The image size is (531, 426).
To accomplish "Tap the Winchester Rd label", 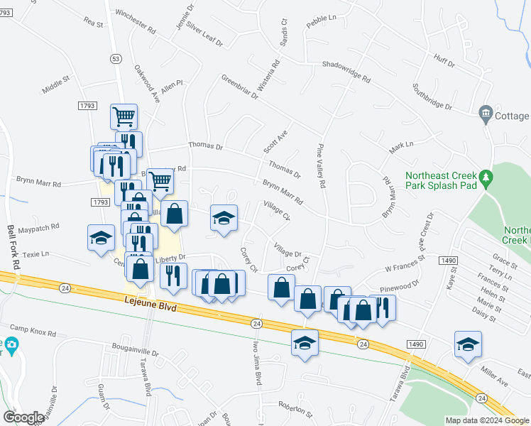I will [x=134, y=23].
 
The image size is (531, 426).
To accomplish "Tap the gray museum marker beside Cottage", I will [x=486, y=113].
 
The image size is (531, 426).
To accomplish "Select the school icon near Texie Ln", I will [x=101, y=238].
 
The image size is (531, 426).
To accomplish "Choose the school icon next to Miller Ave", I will [x=468, y=344].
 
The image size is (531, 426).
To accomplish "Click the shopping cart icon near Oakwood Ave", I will [x=124, y=116].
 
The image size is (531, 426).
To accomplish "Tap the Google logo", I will [x=23, y=417].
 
